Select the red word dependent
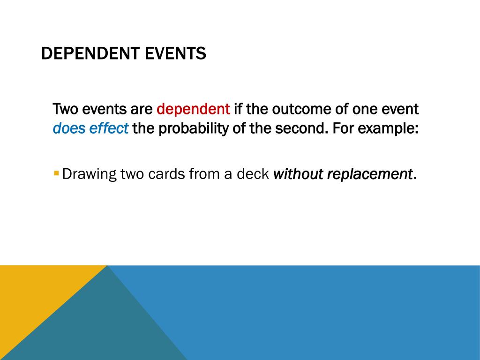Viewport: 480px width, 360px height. click(x=193, y=110)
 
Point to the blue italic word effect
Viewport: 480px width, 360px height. click(x=108, y=128)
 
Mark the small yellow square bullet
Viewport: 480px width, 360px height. click(x=56, y=173)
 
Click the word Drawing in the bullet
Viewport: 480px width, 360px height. click(x=89, y=174)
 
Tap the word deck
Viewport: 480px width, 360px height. click(x=253, y=174)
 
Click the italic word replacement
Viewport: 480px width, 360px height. click(x=370, y=174)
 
